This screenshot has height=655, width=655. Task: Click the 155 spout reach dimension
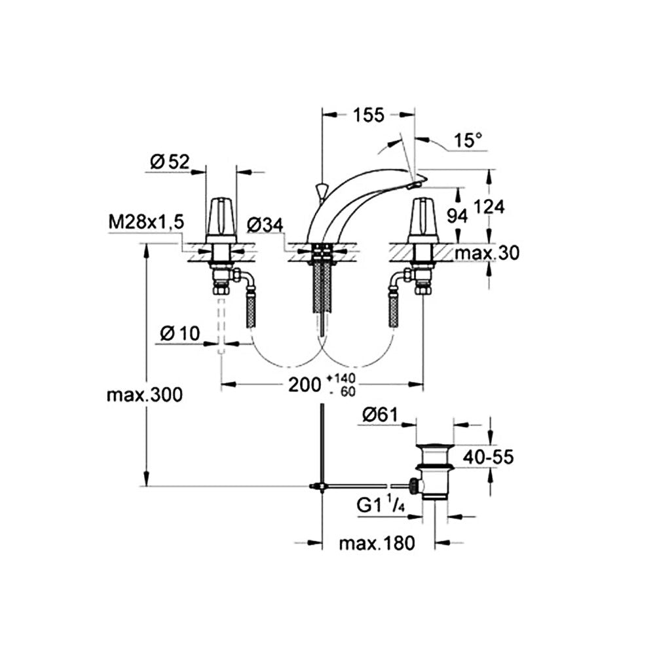[x=368, y=115]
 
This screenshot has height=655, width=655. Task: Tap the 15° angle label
[x=468, y=140]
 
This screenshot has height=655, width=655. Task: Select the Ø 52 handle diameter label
[x=170, y=162]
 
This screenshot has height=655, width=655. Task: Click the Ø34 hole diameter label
[x=265, y=225]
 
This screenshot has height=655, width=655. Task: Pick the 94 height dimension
[x=457, y=215]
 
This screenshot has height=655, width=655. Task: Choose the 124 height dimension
[x=489, y=207]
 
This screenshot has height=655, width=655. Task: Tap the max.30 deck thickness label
[x=487, y=253]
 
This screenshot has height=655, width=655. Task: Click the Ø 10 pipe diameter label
[x=180, y=333]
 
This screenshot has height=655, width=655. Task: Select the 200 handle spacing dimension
[x=305, y=385]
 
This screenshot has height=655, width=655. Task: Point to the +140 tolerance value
[x=341, y=379]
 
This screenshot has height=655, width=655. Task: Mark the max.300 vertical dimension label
[x=145, y=395]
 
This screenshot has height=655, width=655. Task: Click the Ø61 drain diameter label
[x=381, y=415]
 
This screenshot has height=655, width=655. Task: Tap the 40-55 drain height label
[x=488, y=457]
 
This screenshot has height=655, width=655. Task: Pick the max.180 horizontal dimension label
[x=377, y=544]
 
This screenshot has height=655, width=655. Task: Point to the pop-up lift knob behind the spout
[x=321, y=193]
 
